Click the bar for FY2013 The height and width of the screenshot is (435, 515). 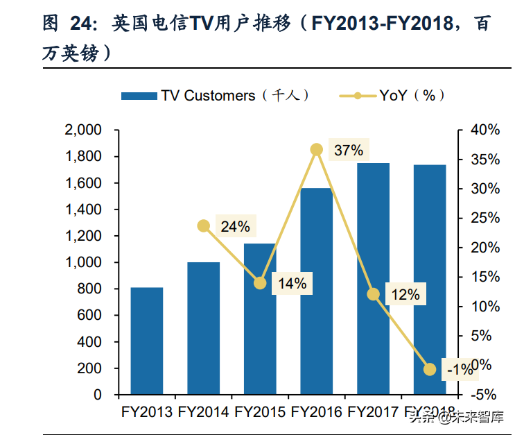(x=147, y=341)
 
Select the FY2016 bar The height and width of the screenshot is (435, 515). (x=317, y=291)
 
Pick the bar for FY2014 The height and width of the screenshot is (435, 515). (x=203, y=328)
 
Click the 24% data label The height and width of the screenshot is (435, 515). (x=235, y=226)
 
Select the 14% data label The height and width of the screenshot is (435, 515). (x=292, y=283)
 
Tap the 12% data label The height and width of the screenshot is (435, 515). (x=405, y=294)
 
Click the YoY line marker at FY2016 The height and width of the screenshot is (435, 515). (x=317, y=150)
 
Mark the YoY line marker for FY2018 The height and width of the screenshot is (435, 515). (x=430, y=370)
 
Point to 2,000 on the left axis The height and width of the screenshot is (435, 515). (x=82, y=130)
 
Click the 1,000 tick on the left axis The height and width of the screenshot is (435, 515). (x=82, y=262)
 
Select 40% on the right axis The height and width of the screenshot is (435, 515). (x=484, y=130)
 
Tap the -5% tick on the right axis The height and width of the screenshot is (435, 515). (x=484, y=395)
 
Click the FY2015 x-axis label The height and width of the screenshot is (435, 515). (x=260, y=412)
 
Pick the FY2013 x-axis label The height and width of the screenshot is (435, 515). (x=147, y=412)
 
